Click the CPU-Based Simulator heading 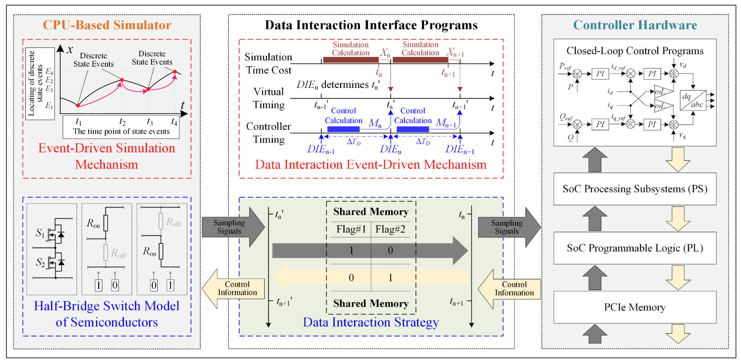point(107,25)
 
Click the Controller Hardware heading point(635,25)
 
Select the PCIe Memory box point(634,307)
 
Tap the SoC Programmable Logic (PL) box point(634,248)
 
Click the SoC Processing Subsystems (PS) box point(634,189)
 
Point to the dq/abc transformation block point(693,100)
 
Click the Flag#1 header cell point(351,229)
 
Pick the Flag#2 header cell point(390,229)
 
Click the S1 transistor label point(40,233)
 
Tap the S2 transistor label point(40,262)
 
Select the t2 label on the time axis point(122,122)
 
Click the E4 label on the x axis point(49,72)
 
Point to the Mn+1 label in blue point(446,123)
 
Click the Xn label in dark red point(385,53)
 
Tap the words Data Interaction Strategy point(370,322)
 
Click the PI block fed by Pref point(600,74)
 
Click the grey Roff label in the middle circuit point(118,253)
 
